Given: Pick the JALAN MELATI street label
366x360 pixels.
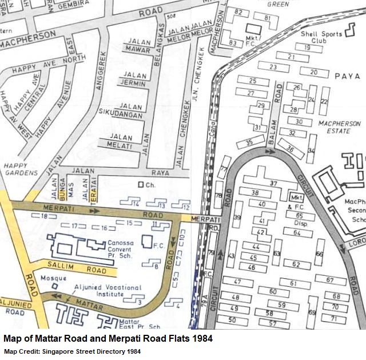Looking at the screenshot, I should pyautogui.click(x=121, y=141).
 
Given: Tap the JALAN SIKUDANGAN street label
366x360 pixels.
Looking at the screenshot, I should pyautogui.click(x=121, y=111).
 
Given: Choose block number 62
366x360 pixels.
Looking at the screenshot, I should pyautogui.click(x=296, y=264).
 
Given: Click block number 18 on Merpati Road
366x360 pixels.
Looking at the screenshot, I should pyautogui.click(x=45, y=216).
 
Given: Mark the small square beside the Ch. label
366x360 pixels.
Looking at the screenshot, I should pyautogui.click(x=141, y=185).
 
